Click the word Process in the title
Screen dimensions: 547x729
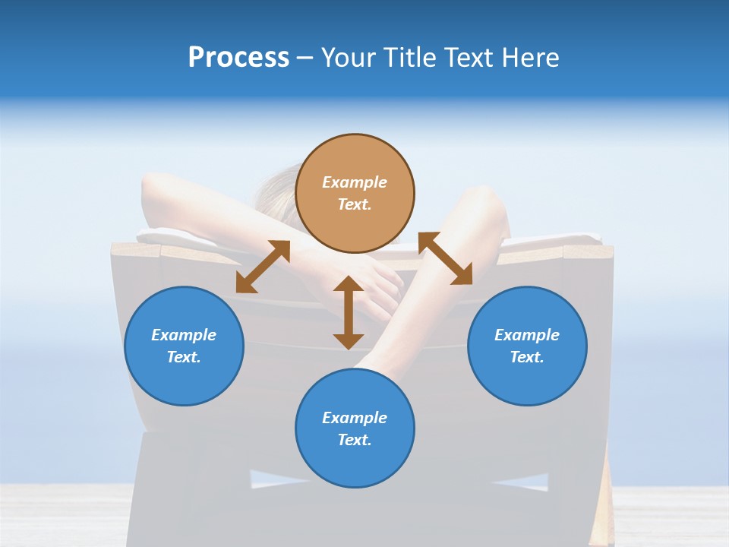(238, 58)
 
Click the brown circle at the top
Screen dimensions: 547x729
(355, 194)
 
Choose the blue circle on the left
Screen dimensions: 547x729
(184, 346)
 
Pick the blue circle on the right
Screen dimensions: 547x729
(527, 346)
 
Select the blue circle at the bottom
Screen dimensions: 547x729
(355, 428)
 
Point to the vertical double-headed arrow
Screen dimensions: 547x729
(349, 312)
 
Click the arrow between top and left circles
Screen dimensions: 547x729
(263, 267)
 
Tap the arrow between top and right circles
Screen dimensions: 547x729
(446, 259)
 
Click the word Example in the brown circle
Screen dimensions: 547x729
(355, 182)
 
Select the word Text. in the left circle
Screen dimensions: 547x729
(184, 357)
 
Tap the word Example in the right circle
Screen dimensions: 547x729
(527, 335)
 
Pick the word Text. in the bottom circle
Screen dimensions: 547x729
(355, 440)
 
